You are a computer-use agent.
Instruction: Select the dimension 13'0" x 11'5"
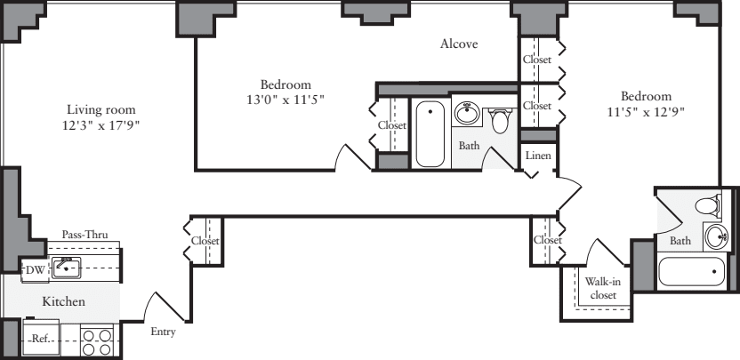click(286, 100)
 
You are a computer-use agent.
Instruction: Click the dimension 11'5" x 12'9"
click(646, 112)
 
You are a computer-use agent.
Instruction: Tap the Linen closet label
click(538, 156)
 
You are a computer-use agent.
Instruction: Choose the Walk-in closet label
click(602, 289)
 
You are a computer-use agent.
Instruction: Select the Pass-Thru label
click(84, 235)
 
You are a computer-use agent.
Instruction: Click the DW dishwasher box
click(34, 269)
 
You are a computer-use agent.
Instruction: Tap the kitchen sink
click(66, 266)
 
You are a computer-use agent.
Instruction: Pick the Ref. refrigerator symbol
click(41, 339)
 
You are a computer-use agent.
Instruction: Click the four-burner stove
click(94, 341)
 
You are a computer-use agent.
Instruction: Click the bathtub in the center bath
click(430, 133)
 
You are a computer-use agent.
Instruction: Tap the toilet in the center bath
click(501, 119)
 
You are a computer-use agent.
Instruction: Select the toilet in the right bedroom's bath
click(707, 206)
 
